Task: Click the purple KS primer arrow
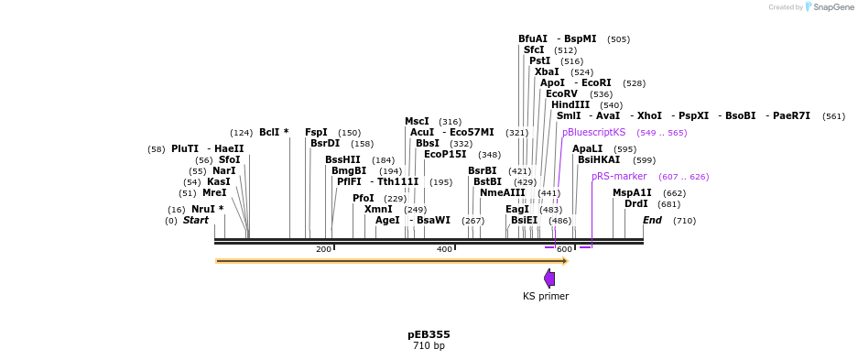coord(549,278)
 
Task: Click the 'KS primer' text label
coord(546,296)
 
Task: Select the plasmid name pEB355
coord(429,334)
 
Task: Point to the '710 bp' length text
coord(429,346)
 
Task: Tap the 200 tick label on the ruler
coord(323,249)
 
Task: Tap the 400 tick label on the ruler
coord(444,249)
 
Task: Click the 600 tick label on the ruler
coord(564,249)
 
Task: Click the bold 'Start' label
coord(196,221)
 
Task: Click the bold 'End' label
coord(652,221)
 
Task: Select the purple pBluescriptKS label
coord(593,133)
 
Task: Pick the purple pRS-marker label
coord(619,177)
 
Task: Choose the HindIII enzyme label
coord(570,105)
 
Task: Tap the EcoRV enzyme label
coord(561,94)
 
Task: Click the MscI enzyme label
coord(417,122)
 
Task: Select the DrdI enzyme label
coord(636,204)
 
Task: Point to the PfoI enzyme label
coord(364,199)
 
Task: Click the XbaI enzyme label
coord(547,71)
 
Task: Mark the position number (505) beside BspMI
coord(618,39)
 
